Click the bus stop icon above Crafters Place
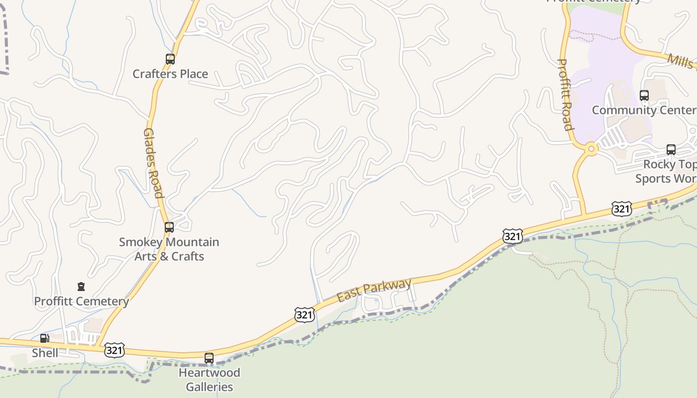click(x=170, y=59)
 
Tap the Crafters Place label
click(x=170, y=74)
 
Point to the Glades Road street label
click(x=153, y=163)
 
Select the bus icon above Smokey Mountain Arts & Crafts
click(x=169, y=227)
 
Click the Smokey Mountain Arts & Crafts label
click(x=169, y=249)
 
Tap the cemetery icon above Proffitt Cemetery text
click(x=81, y=287)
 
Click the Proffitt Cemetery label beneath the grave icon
click(x=81, y=301)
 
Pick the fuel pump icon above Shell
click(x=45, y=338)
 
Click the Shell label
click(x=45, y=353)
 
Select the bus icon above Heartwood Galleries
click(x=209, y=358)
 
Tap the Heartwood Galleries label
click(x=209, y=380)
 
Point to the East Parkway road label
click(x=374, y=290)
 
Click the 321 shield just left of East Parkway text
click(x=304, y=314)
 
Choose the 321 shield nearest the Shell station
click(x=115, y=350)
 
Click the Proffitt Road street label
click(x=565, y=95)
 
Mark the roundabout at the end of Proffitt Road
click(x=591, y=148)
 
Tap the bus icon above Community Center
click(x=644, y=96)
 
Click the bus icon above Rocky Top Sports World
click(x=671, y=150)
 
